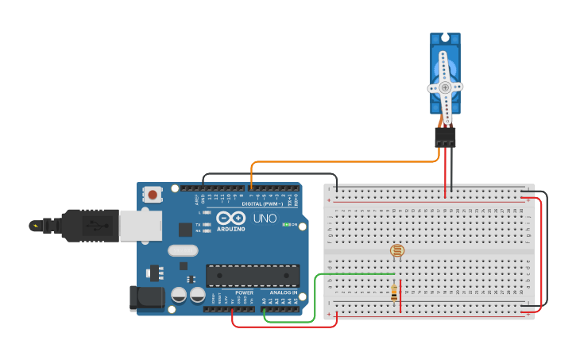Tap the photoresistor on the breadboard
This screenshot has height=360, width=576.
396,251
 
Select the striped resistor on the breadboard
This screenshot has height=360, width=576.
394,293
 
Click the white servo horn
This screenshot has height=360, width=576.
445,88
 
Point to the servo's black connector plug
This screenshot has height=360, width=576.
445,137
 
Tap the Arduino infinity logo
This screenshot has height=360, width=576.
230,218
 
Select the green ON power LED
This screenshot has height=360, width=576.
285,225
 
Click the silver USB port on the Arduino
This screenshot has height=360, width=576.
141,224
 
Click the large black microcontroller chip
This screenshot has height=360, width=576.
253,275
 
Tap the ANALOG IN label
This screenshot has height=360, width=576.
283,292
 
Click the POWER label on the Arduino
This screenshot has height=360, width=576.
244,292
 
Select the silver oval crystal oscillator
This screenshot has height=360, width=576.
183,250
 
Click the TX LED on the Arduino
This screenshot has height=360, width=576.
207,225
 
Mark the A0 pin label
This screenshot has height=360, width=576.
265,300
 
